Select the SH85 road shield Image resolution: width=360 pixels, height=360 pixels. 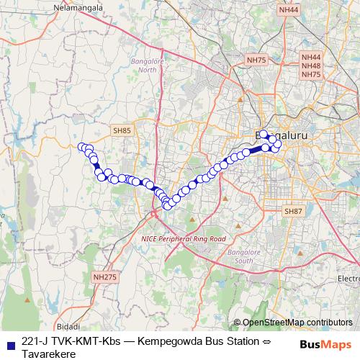[x=122, y=130]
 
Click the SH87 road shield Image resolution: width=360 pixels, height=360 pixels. [x=294, y=211]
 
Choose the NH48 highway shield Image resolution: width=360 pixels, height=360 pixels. [x=311, y=66]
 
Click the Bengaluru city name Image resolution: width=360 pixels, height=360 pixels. [x=279, y=135]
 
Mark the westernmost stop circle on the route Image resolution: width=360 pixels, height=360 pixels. [x=81, y=147]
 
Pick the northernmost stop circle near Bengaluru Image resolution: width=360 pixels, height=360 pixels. [x=264, y=134]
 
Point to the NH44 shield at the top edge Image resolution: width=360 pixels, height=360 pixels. [x=288, y=10]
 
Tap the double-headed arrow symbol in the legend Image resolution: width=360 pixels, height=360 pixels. [x=265, y=342]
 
